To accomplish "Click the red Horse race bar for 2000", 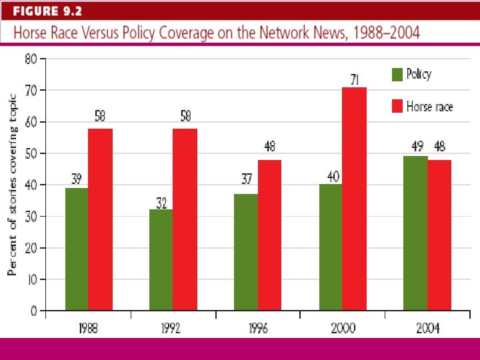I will (x=354, y=199).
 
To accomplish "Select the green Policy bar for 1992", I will (x=161, y=260).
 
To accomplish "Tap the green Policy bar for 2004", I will (x=415, y=233).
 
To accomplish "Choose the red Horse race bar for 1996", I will (x=269, y=235).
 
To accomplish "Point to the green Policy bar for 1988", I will (x=76, y=249).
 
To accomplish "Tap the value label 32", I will (x=161, y=204).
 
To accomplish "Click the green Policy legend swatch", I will (x=397, y=75).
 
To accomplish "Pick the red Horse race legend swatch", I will (x=397, y=106).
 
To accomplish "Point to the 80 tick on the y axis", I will (x=31, y=59).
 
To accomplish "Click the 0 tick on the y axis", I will (x=33, y=311).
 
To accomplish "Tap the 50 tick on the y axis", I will (x=31, y=153).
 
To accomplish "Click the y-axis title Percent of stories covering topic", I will (x=12, y=184).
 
